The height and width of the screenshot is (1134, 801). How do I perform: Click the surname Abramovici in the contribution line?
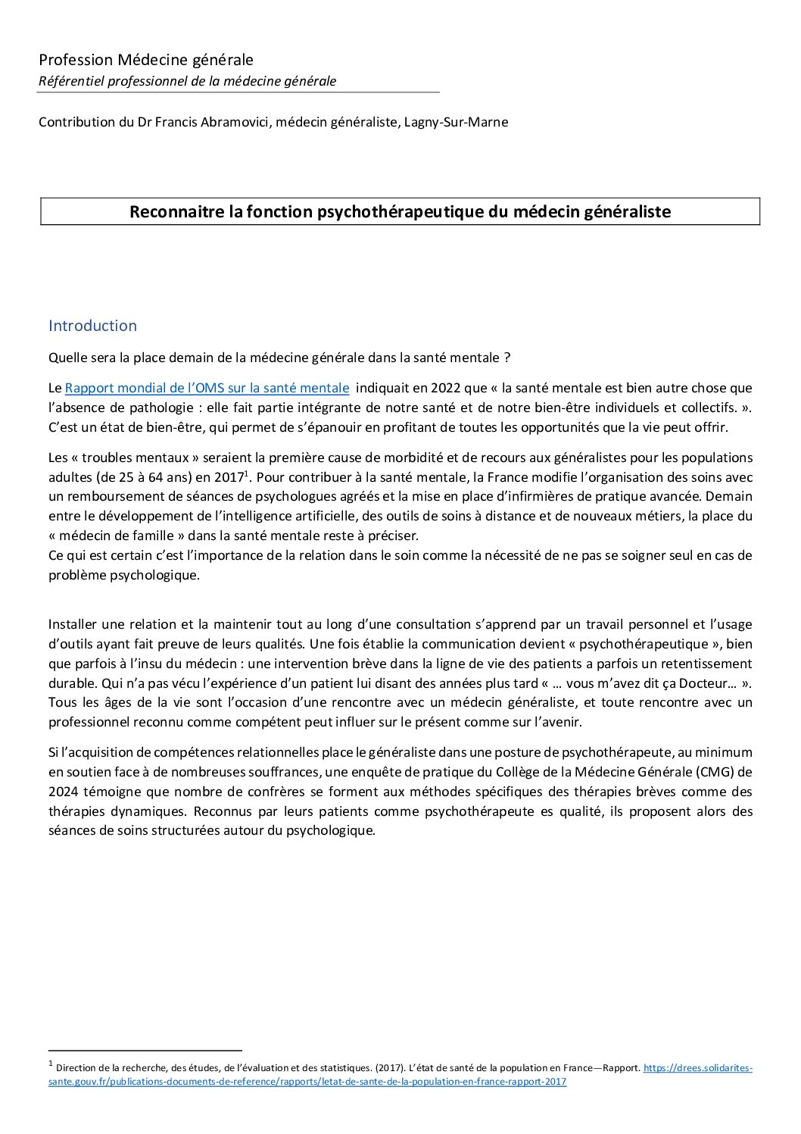coord(229,121)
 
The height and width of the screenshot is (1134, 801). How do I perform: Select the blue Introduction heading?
coord(92,326)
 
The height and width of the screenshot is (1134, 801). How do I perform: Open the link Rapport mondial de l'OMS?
coord(207,388)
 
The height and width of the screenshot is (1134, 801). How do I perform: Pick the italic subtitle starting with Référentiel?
coord(187,81)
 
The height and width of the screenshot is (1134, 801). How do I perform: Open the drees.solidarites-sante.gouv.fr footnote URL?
coord(697,1068)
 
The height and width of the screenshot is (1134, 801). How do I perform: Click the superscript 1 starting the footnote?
coord(50,1064)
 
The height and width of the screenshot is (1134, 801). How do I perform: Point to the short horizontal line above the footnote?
coord(145,1050)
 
